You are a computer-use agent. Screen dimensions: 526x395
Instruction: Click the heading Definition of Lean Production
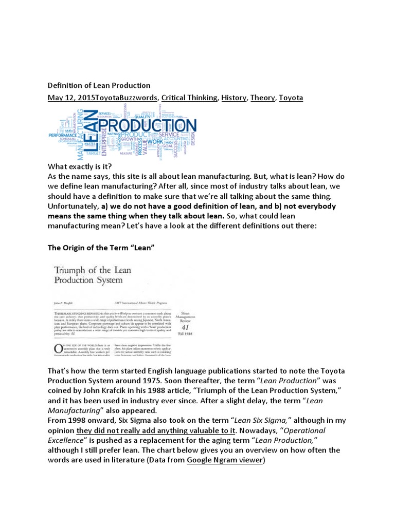tap(99, 85)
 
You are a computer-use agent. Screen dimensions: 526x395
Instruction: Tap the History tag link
tap(234, 98)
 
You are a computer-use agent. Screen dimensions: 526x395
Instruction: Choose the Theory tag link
tap(262, 98)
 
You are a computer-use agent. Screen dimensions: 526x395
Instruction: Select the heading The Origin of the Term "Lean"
tap(101, 248)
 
